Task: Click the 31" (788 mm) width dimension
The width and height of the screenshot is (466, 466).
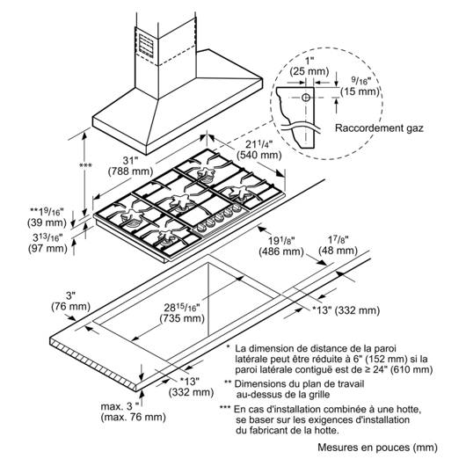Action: [130, 166]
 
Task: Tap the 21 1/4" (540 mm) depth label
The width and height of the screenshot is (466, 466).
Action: [258, 149]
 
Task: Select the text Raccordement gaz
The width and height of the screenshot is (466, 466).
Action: [379, 128]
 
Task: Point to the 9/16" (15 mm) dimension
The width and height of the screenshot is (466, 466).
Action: [360, 86]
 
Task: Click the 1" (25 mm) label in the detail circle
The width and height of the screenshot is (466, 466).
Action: [309, 66]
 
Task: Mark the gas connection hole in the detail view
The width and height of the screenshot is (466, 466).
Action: [306, 98]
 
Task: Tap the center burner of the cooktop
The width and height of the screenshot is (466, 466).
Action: [181, 202]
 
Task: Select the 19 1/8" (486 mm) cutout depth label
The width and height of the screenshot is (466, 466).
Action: [281, 246]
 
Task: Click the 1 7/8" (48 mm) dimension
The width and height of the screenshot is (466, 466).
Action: [338, 245]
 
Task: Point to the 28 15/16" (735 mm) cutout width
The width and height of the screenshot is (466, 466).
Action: [182, 313]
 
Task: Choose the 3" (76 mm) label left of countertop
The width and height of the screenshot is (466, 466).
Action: [70, 301]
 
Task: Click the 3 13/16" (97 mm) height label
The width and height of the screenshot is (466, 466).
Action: [47, 243]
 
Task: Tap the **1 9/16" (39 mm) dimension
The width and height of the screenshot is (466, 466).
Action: [47, 217]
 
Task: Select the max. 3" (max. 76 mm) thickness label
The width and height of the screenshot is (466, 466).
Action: [133, 411]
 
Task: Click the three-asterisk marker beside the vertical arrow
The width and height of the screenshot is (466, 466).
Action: [85, 165]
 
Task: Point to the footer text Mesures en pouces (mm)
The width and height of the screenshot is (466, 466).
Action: [378, 448]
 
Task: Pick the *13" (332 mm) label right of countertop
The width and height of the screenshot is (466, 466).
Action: [346, 310]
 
